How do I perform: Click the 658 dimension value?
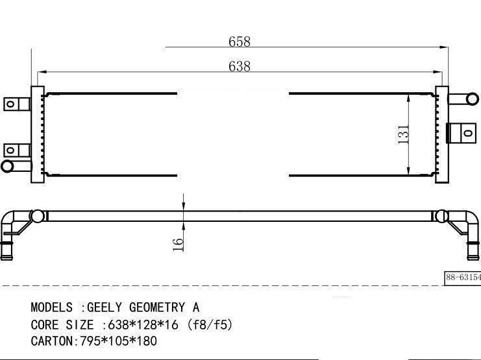pyautogui.click(x=240, y=42)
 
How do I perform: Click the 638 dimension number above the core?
pyautogui.click(x=240, y=66)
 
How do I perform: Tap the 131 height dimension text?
pyautogui.click(x=403, y=134)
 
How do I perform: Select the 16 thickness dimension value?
pyautogui.click(x=178, y=245)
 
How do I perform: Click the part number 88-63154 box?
pyautogui.click(x=463, y=278)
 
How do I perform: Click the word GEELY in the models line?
pyautogui.click(x=105, y=307)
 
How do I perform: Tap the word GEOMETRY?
pyautogui.click(x=157, y=307)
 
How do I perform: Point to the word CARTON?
pyautogui.click(x=51, y=341)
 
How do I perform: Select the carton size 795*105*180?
pyautogui.click(x=119, y=341)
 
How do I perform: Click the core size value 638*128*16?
pyautogui.click(x=143, y=325)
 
